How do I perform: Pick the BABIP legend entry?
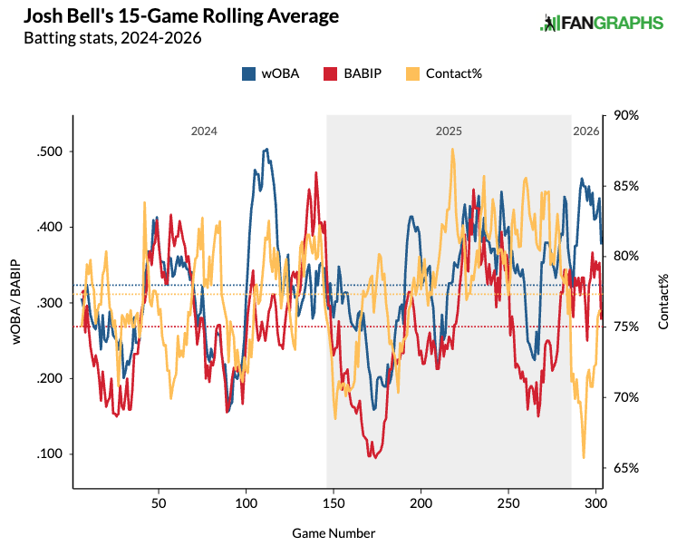click(x=346, y=73)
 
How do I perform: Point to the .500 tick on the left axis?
click(x=50, y=151)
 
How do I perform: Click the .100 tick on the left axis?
click(x=50, y=454)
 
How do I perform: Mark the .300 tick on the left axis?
click(x=50, y=303)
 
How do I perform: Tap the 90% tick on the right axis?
click(x=626, y=115)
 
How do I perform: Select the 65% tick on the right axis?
click(x=626, y=468)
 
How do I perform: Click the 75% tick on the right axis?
click(x=626, y=327)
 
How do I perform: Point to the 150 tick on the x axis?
click(x=334, y=502)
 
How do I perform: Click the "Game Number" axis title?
click(x=334, y=533)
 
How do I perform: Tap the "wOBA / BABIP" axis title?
click(x=16, y=302)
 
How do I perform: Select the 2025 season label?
click(x=449, y=132)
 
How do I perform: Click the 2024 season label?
click(x=203, y=132)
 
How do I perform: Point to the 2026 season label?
click(x=586, y=132)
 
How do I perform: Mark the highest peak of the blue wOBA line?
click(x=266, y=149)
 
